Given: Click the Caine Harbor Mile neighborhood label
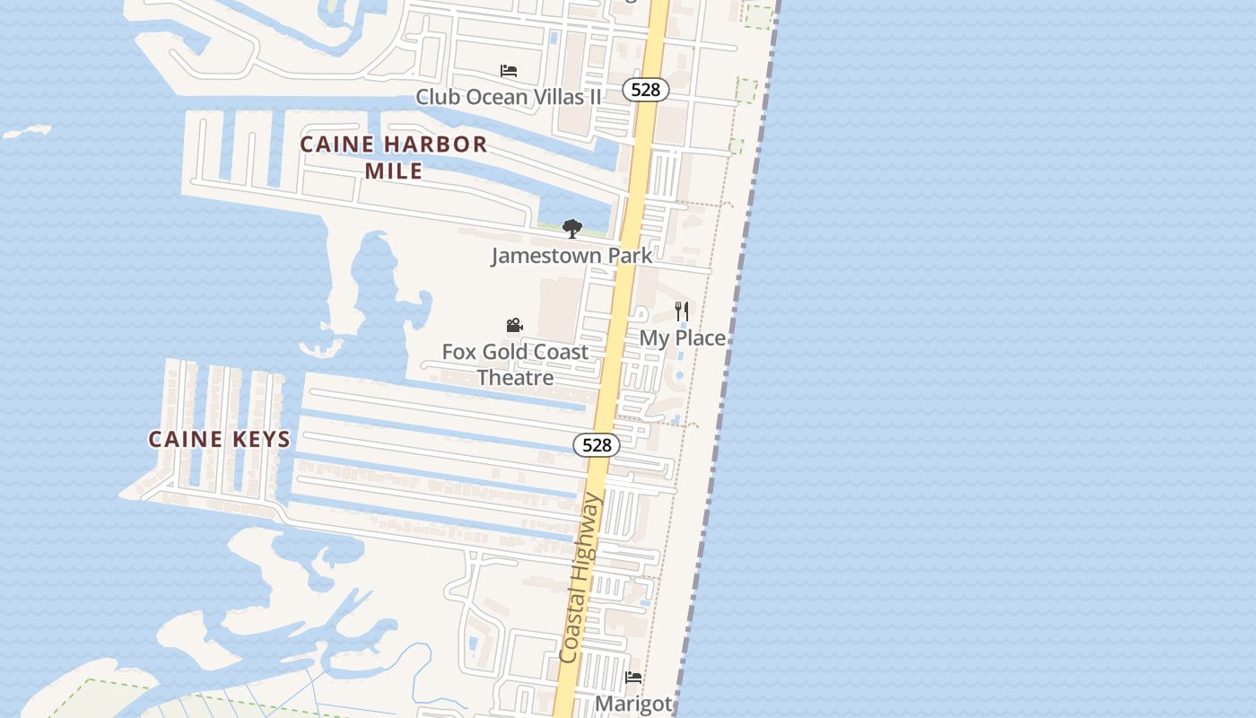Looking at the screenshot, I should point(394,157).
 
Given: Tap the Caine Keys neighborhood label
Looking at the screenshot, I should point(219,439).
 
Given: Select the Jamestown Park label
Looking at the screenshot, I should point(571,256).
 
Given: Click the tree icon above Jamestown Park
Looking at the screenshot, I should point(571,229).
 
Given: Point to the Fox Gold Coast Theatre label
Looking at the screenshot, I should point(515,364).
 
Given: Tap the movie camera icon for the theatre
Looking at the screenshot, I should point(514,325).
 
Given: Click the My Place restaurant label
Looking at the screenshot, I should point(682,338).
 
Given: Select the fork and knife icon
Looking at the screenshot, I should point(682,311).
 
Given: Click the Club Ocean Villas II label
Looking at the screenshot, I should point(509,96).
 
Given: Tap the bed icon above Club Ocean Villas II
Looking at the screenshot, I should point(509,71).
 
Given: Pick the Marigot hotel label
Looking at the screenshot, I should point(633,703).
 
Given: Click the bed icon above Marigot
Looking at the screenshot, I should point(633,678).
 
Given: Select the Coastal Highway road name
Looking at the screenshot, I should point(580,579).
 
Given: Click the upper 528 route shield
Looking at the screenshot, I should point(645,90).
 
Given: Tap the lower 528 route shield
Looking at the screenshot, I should point(597,444).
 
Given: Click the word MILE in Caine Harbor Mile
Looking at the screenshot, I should point(394,171).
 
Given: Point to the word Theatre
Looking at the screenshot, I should point(515,378).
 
